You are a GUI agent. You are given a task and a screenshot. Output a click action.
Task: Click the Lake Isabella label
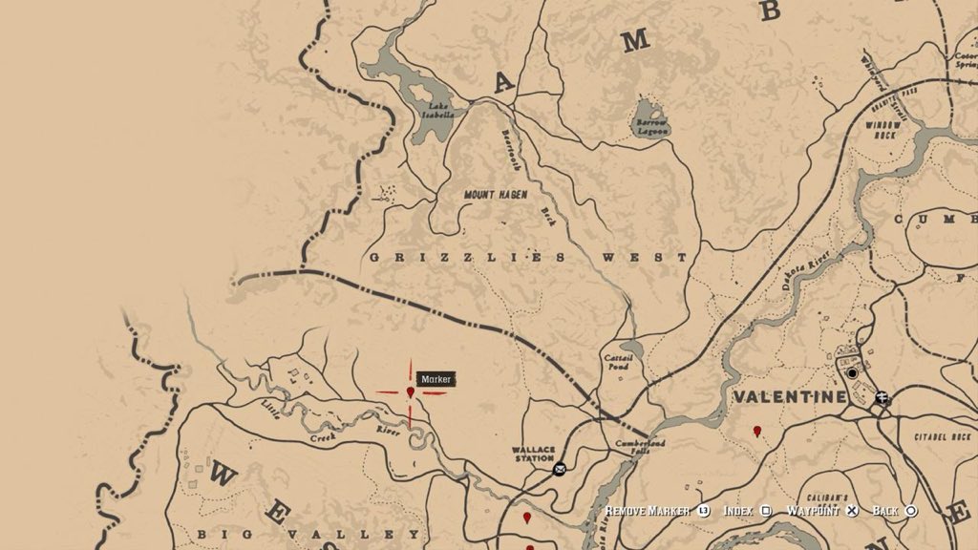439,109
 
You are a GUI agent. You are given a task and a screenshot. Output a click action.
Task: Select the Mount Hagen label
496,195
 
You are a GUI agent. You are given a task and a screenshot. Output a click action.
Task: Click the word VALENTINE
790,396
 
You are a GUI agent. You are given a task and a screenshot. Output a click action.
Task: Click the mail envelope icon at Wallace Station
560,468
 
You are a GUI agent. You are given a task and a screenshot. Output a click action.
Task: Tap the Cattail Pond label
616,362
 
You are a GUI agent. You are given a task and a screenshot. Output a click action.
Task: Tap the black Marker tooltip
436,380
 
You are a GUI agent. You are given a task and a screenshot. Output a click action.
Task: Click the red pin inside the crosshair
411,391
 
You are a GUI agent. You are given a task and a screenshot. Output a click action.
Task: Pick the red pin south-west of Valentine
757,432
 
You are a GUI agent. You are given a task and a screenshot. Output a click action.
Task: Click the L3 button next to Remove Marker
704,511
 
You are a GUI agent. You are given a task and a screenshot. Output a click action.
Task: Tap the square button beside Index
766,511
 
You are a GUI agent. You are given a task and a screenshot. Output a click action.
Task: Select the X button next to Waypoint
852,511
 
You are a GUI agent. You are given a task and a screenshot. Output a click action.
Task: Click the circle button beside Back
911,511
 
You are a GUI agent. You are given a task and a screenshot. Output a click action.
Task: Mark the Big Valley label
246,534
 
